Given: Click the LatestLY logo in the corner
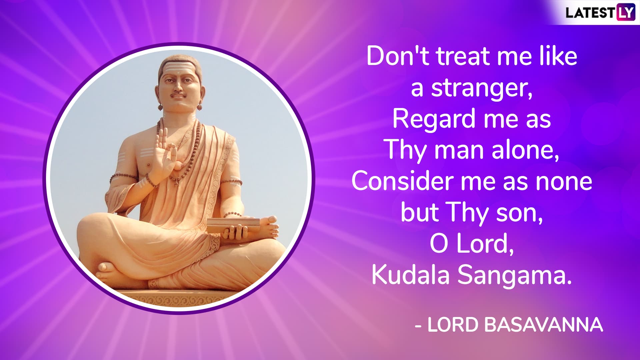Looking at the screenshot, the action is click(x=600, y=12).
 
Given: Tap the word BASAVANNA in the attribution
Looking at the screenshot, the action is click(x=543, y=325).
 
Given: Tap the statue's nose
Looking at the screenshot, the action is click(x=177, y=87).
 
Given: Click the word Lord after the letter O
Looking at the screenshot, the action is click(x=485, y=244).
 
